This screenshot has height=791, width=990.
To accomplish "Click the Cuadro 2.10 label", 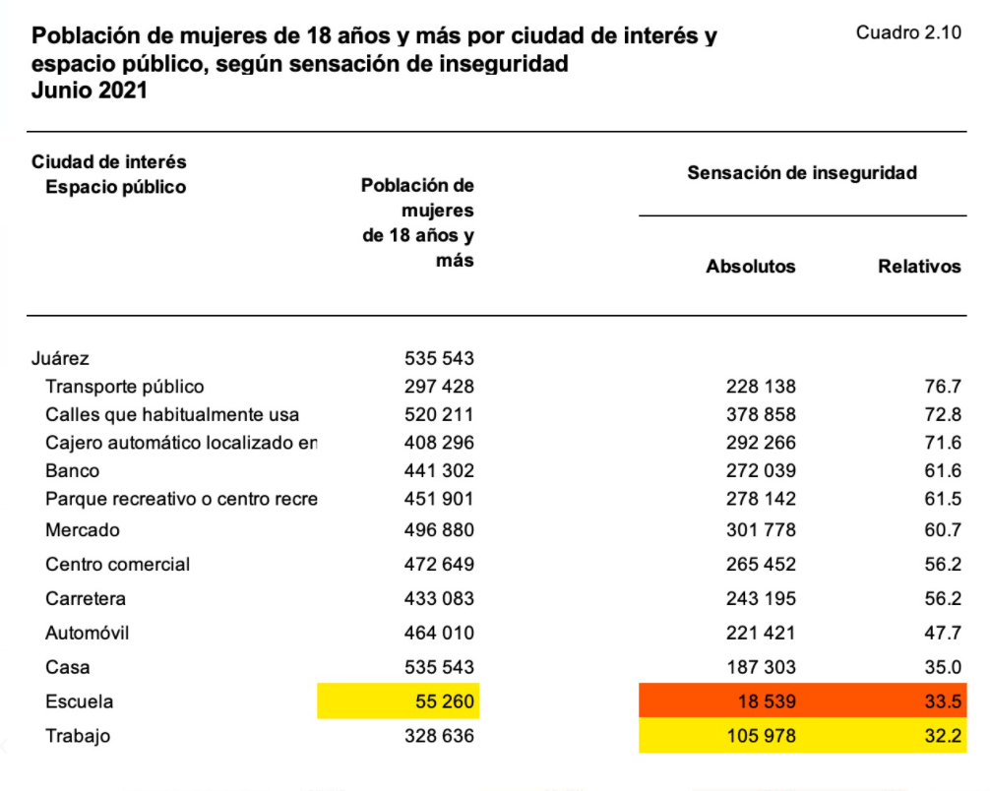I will tap(907, 32).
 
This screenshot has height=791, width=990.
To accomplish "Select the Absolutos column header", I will tap(751, 267).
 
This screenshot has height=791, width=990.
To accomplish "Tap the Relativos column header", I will tap(919, 267).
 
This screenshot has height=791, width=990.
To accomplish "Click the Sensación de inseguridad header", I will tap(802, 173).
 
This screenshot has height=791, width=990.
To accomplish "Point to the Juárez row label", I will tap(60, 358).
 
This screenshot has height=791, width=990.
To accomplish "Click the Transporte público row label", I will tap(125, 387).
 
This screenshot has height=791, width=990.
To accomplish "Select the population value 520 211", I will tap(439, 415).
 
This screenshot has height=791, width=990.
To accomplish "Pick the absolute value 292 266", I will tap(761, 443).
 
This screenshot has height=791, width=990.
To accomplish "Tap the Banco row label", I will tap(72, 471).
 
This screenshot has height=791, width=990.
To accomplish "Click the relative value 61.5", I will tap(942, 499).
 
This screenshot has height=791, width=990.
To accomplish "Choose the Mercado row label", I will tap(83, 530).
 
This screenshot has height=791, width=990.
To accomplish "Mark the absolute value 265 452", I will tap(761, 565).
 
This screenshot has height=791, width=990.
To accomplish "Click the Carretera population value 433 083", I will tap(439, 599).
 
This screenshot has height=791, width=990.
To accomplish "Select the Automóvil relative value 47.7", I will tap(942, 634).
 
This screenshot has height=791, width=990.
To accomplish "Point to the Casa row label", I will tap(68, 668).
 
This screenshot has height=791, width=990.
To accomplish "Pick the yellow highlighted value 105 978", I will tap(761, 736).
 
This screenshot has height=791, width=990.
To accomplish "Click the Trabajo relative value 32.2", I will tap(942, 736).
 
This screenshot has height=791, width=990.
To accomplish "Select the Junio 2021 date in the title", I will tap(90, 91).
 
